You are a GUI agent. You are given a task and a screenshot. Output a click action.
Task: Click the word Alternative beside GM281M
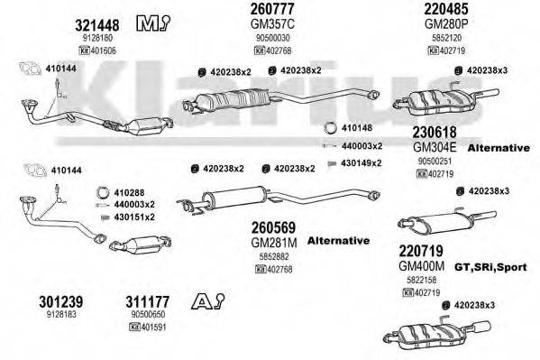coord(338,241)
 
